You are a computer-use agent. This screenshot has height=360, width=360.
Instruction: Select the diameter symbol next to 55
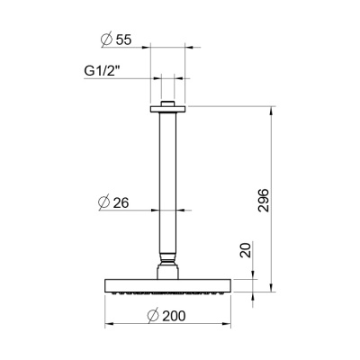[x=105, y=40]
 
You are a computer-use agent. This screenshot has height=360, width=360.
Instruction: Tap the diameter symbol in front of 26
[x=105, y=203]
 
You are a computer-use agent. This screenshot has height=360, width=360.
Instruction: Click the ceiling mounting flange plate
[x=167, y=110]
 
